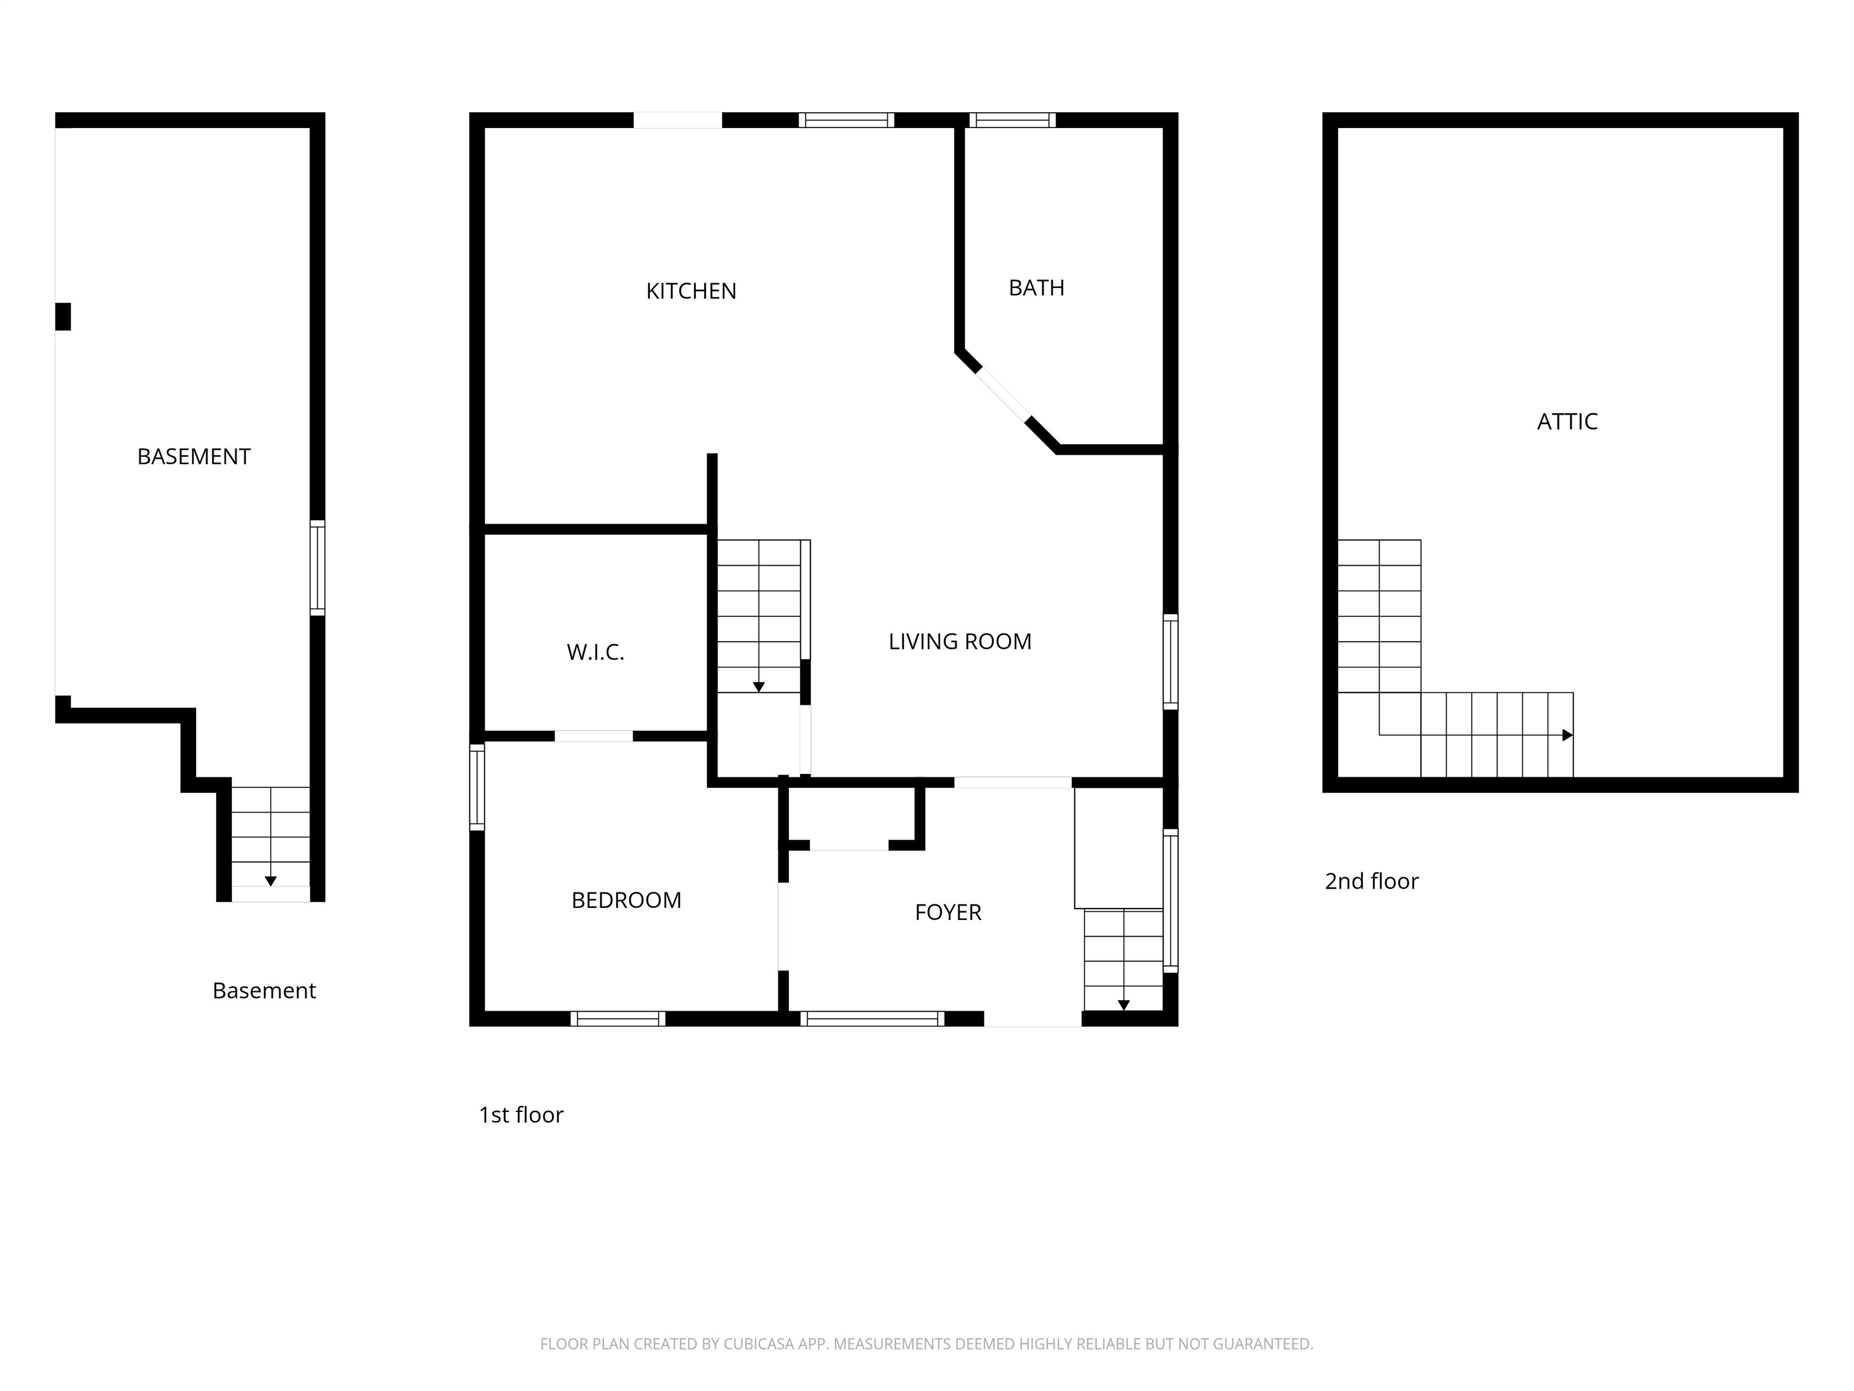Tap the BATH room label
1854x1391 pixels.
[x=1036, y=287]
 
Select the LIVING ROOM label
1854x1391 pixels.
[x=960, y=641]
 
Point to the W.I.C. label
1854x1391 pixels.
[x=595, y=652]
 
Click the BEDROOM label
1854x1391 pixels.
[x=626, y=900]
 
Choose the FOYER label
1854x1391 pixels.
[x=948, y=912]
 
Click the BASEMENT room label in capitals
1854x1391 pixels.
[x=194, y=456]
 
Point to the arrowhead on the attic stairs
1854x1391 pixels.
[x=1567, y=735]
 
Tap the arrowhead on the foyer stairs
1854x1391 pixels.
[x=1124, y=1005]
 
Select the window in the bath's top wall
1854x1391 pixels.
[x=1013, y=120]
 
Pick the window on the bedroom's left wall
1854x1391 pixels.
[x=477, y=787]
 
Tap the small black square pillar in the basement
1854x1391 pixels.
[x=63, y=317]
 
